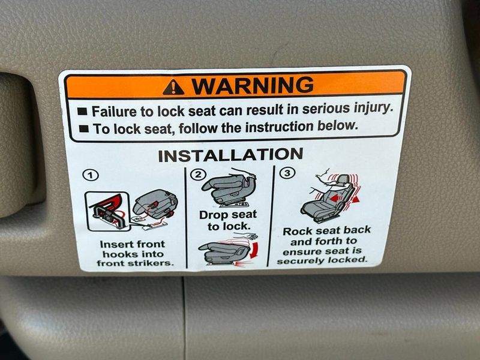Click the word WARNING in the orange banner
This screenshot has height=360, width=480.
click(x=252, y=86)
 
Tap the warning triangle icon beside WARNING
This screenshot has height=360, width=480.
click(x=173, y=88)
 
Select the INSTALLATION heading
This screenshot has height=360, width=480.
click(x=230, y=155)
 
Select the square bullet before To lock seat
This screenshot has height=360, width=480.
click(x=84, y=129)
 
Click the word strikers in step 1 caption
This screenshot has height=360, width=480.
click(x=152, y=263)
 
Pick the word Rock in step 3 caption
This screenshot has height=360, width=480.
click(x=297, y=231)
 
